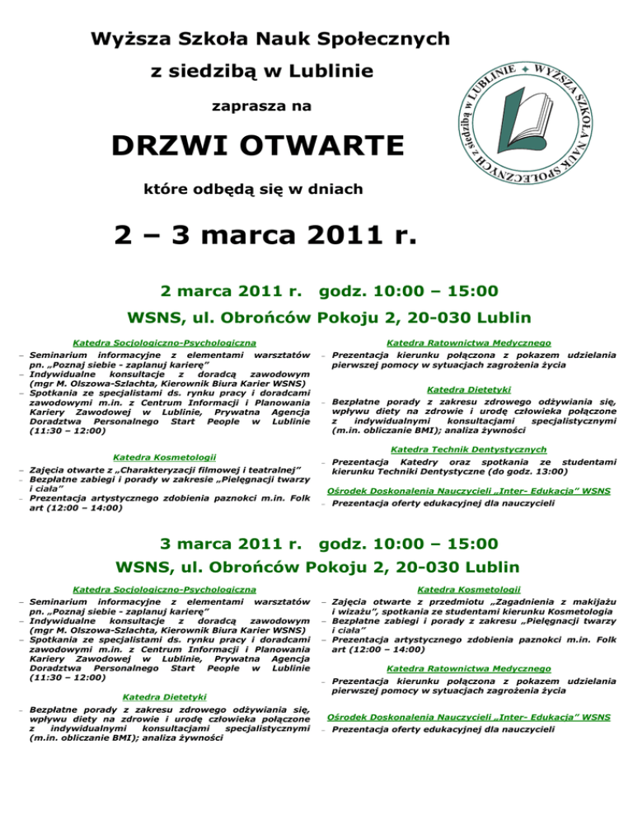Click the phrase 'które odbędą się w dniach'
tap(263, 190)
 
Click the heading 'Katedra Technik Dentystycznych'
tap(469, 449)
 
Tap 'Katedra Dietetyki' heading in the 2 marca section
tap(469, 389)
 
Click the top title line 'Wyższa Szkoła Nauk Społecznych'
tap(270, 38)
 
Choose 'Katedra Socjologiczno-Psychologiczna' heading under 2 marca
tap(162, 342)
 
